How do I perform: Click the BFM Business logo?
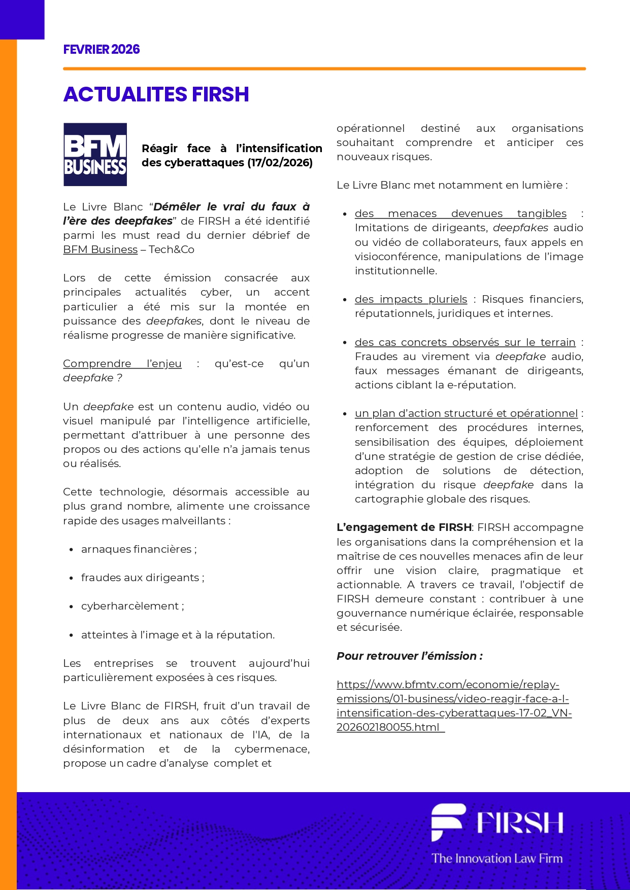coord(95,155)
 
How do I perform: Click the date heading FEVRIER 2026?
coord(102,49)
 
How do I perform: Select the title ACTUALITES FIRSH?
coord(156,94)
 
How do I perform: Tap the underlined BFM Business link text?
coord(101,250)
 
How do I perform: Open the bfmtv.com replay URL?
coord(453,706)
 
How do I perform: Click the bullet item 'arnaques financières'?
coord(139,549)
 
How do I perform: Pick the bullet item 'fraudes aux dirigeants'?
coord(142,578)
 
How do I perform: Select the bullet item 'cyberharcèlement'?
coord(132,606)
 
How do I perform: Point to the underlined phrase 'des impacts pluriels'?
coord(411,299)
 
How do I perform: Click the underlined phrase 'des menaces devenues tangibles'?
coord(460,213)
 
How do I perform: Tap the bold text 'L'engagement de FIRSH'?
coord(404,527)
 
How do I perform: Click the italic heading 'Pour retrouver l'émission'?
coord(409,656)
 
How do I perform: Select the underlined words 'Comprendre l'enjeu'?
coord(122,364)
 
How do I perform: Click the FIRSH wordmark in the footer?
coord(520,823)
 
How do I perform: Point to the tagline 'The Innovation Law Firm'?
coord(497,858)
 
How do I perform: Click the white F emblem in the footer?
coord(446,822)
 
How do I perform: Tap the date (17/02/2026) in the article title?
coord(280,162)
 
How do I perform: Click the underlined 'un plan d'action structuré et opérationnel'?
coord(466,413)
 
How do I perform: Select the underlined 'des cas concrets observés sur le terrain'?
coord(465,342)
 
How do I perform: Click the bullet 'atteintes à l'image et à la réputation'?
coord(178,635)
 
